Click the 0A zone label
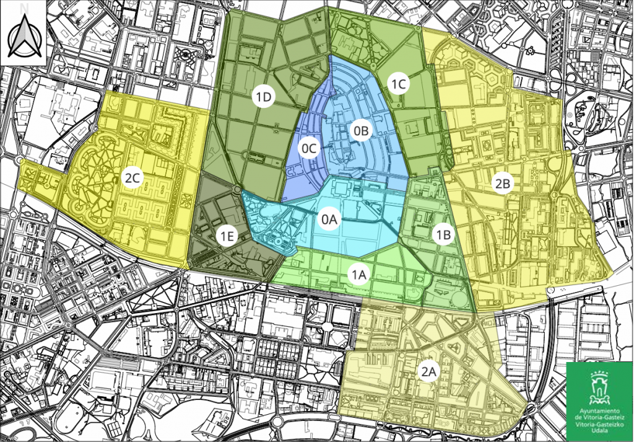coord(329,219)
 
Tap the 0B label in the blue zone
coord(360,130)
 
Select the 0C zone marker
coord(309,148)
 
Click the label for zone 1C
coord(397,83)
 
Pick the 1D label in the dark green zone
coord(264,97)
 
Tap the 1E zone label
coord(227,236)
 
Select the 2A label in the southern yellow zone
coord(429,371)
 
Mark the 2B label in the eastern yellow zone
coord(503,183)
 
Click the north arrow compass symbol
coord(24,37)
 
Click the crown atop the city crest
coord(599,375)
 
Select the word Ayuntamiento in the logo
coord(599,412)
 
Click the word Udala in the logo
coord(599,431)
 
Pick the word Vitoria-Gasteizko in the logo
coord(599,425)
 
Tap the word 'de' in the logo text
coord(579,418)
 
